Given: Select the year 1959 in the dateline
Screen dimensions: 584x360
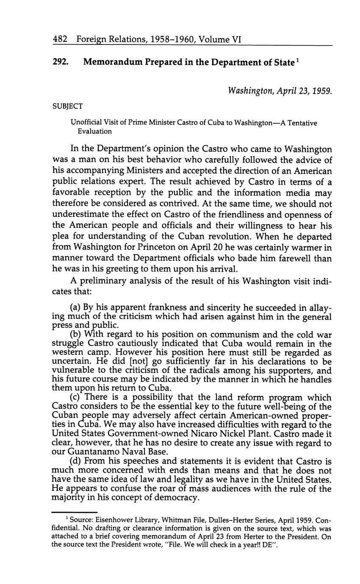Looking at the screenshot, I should (322, 91).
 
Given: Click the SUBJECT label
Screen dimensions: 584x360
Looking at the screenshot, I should (67, 106).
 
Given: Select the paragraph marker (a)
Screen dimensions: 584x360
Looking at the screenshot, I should (76, 306).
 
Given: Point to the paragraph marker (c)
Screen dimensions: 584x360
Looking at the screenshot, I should (76, 398).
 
